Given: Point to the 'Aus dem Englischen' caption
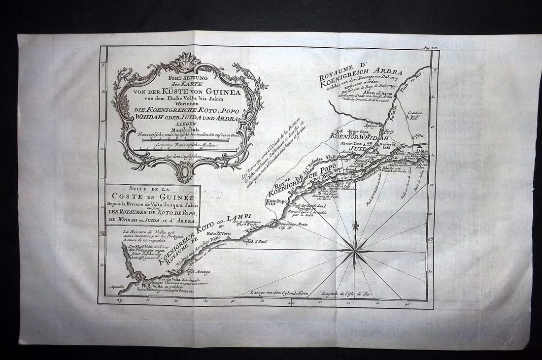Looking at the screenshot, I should [184, 156].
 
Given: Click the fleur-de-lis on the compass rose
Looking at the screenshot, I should [355, 226].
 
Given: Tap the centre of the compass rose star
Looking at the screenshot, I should [355, 250].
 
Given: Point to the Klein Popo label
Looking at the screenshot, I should [291, 201].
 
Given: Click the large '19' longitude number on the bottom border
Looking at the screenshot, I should [120, 299].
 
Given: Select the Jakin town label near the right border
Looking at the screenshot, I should [422, 149].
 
